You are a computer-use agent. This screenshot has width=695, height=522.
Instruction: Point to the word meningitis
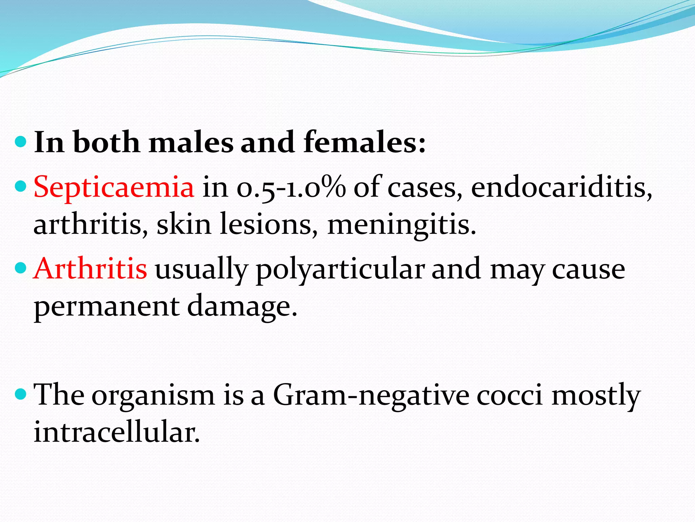point(401,225)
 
